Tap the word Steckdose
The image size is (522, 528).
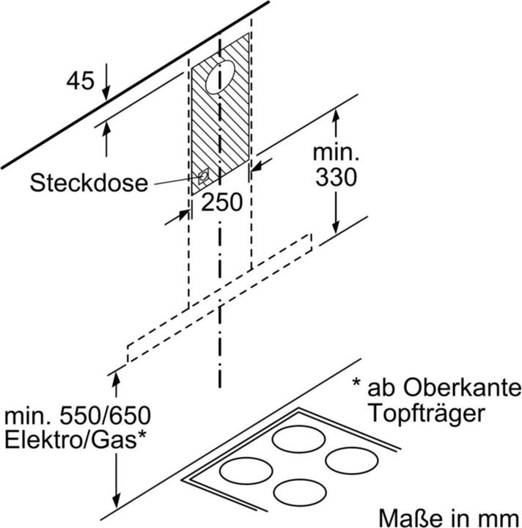coord(89,182)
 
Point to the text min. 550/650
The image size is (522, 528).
coord(78,416)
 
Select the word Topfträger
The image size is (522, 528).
coord(426,412)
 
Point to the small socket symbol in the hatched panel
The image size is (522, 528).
coord(202,176)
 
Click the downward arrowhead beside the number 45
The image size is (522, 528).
coord(107,94)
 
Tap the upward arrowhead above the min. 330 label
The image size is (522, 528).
coord(337,114)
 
